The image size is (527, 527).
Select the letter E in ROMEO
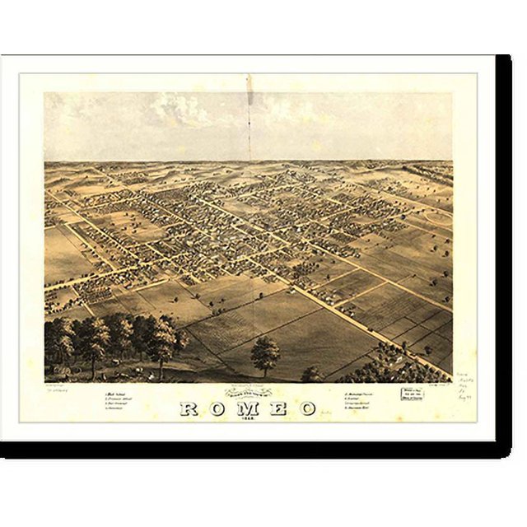coord(277,408)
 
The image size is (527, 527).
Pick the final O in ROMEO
coord(306,408)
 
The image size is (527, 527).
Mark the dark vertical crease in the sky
coord(249,115)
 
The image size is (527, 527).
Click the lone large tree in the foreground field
coord(264,355)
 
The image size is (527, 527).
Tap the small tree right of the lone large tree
coord(312,373)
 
